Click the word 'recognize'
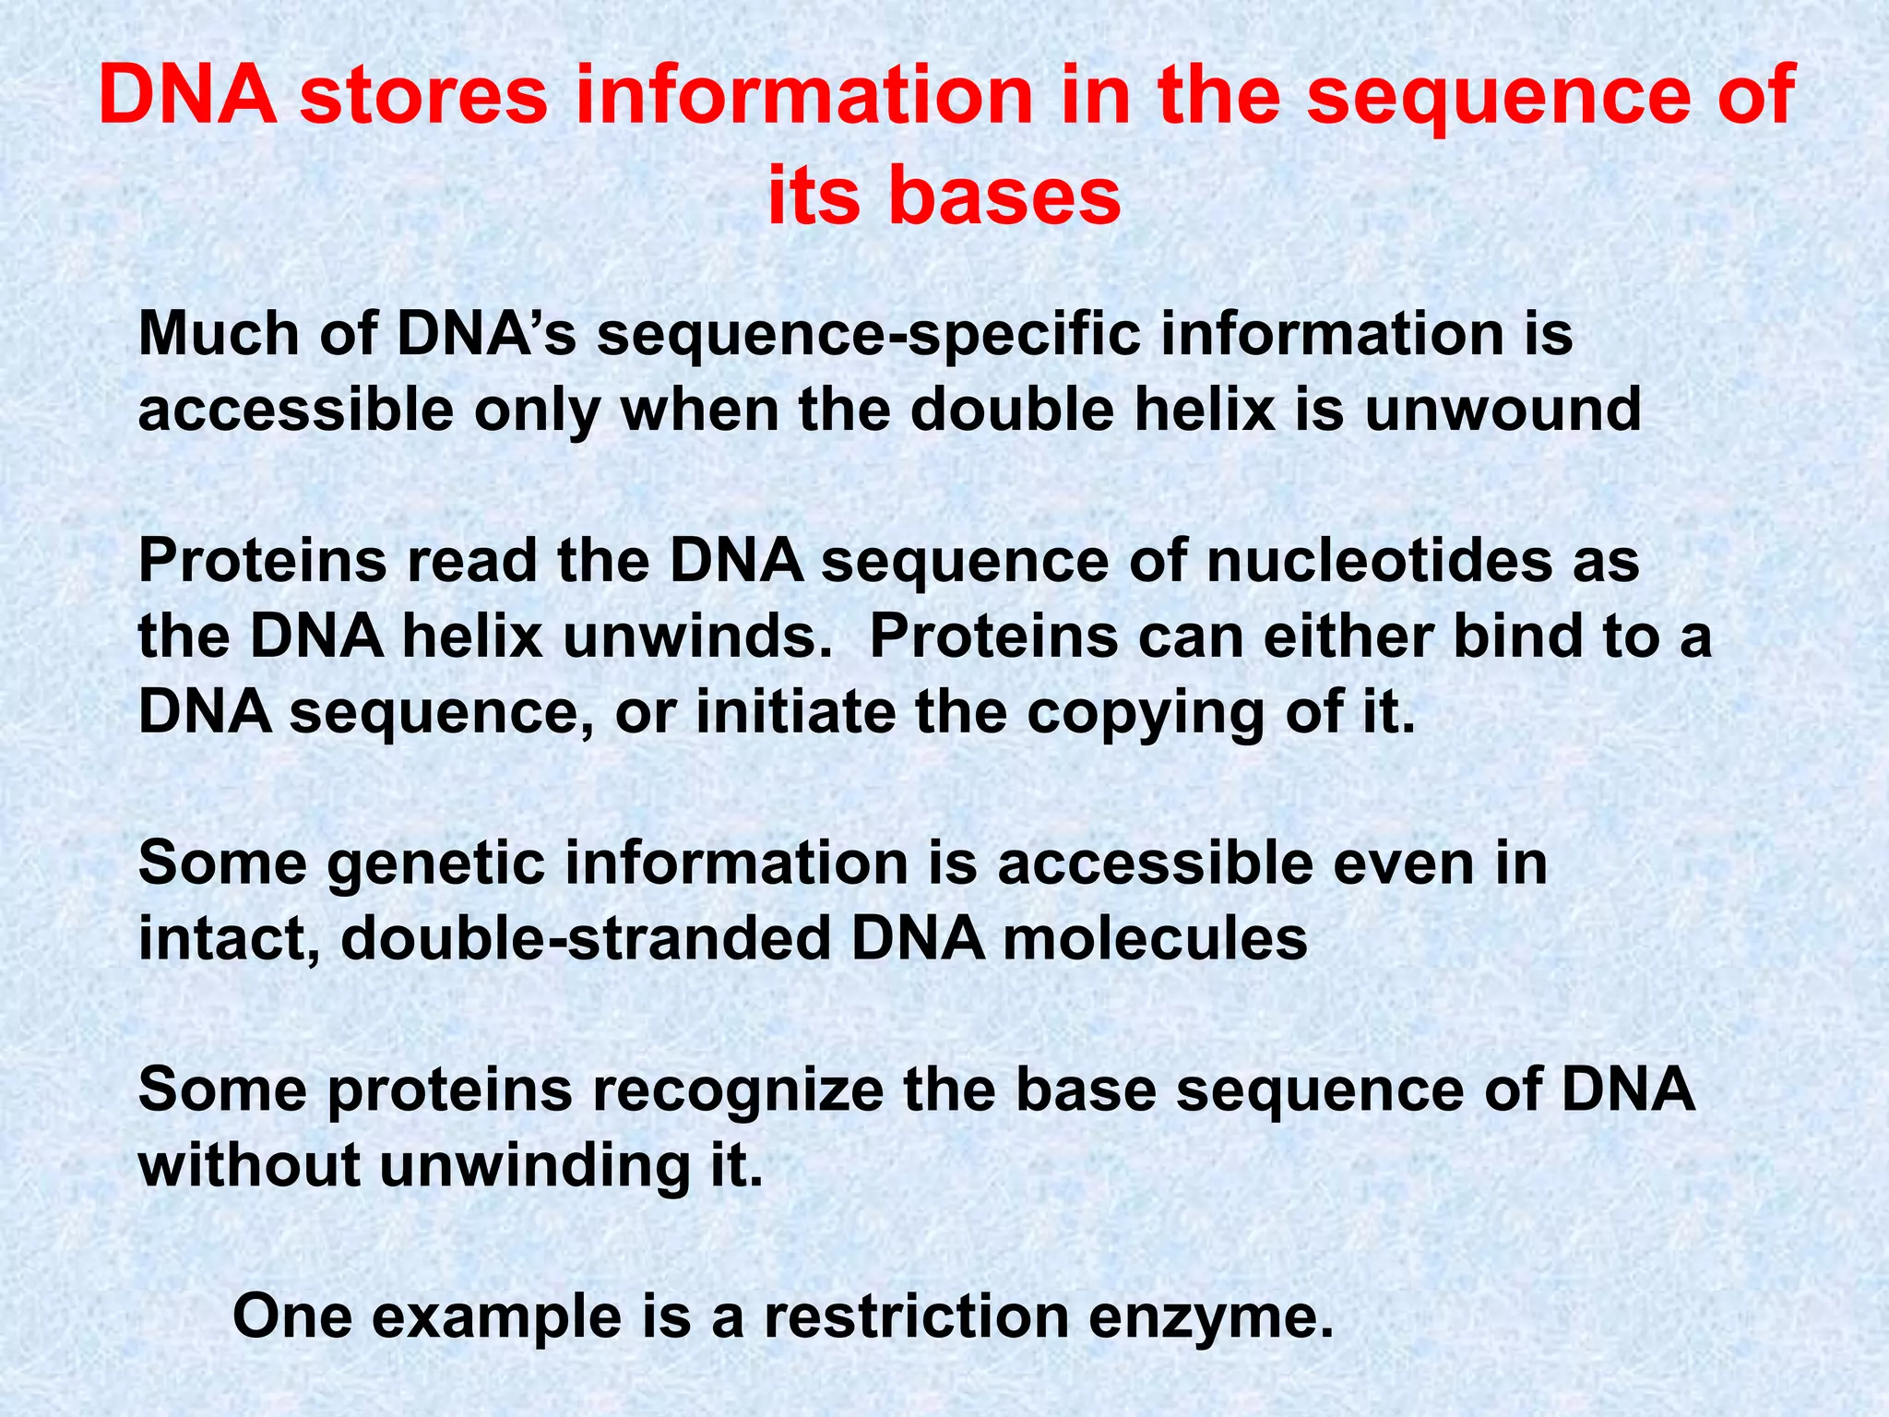tap(737, 1090)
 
